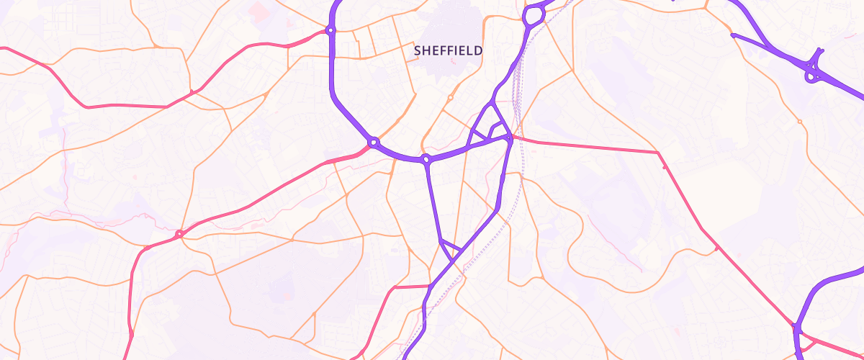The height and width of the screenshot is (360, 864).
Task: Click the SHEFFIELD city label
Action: (x=448, y=51)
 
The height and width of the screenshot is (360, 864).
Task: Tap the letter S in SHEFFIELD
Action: (x=418, y=51)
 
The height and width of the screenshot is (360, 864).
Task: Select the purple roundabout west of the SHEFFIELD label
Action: (x=330, y=30)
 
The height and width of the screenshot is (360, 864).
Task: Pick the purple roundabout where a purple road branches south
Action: (x=426, y=158)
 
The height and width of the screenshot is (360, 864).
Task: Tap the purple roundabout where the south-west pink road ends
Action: (x=374, y=143)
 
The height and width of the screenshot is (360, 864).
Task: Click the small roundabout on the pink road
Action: (x=179, y=233)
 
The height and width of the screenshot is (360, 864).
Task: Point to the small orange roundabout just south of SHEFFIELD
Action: (x=451, y=97)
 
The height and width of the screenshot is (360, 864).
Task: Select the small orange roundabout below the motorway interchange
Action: (x=799, y=122)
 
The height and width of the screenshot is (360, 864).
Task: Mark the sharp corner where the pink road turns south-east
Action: (x=658, y=153)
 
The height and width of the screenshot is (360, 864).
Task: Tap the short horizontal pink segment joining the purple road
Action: (x=410, y=287)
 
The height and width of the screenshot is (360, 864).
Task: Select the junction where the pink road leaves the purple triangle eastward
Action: (x=510, y=138)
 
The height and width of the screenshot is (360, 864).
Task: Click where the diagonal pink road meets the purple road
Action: (x=798, y=328)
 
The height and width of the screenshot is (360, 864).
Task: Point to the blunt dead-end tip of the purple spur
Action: (x=733, y=35)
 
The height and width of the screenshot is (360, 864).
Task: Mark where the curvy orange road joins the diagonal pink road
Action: (x=717, y=248)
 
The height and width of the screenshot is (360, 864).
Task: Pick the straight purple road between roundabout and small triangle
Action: (x=433, y=202)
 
